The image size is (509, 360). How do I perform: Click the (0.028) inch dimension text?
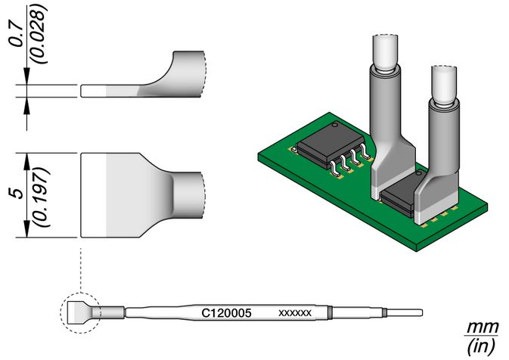tap(39, 34)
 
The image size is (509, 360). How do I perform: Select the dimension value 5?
tap(18, 193)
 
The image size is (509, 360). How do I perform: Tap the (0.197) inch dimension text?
tap(42, 197)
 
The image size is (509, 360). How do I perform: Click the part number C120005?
tap(226, 313)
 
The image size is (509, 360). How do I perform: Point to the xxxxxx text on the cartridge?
tap(295, 313)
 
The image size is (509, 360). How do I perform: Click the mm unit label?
tap(482, 327)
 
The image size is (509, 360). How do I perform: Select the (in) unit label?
tap(481, 346)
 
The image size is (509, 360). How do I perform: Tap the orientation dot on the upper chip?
tap(335, 125)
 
